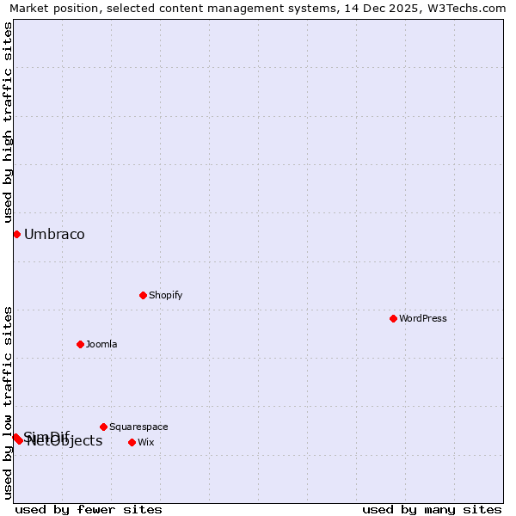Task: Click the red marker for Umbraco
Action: pos(16,234)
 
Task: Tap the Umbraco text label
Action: pos(54,234)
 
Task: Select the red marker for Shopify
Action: pos(143,295)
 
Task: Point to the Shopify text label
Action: pos(165,295)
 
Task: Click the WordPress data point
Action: pos(393,318)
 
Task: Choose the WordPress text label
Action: pos(422,318)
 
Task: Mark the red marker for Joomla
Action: pos(80,344)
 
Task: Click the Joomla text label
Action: pos(101,344)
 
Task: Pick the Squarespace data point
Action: pos(103,427)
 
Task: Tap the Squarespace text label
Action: pos(138,427)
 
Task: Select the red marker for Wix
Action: pos(132,442)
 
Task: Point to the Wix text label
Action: pos(146,442)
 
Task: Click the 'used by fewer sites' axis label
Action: pos(89,509)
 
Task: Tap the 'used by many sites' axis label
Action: pos(432,509)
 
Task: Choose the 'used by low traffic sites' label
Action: pos(8,402)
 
